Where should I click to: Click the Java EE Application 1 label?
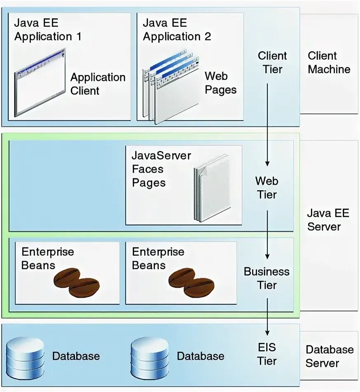click(x=48, y=29)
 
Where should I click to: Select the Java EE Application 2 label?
click(x=177, y=29)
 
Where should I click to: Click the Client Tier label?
click(x=272, y=62)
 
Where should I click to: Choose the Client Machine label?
click(x=329, y=62)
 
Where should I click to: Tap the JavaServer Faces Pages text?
click(x=161, y=169)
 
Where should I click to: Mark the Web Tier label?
click(x=267, y=187)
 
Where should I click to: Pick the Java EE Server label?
click(x=328, y=219)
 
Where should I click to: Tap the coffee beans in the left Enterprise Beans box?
click(x=77, y=282)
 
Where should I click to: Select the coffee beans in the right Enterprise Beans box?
click(x=192, y=282)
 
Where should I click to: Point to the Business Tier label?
click(x=266, y=278)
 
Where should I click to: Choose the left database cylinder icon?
click(x=25, y=357)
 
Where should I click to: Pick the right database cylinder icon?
click(x=150, y=357)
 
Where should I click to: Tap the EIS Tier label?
click(x=267, y=354)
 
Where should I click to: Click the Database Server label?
click(x=329, y=356)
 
